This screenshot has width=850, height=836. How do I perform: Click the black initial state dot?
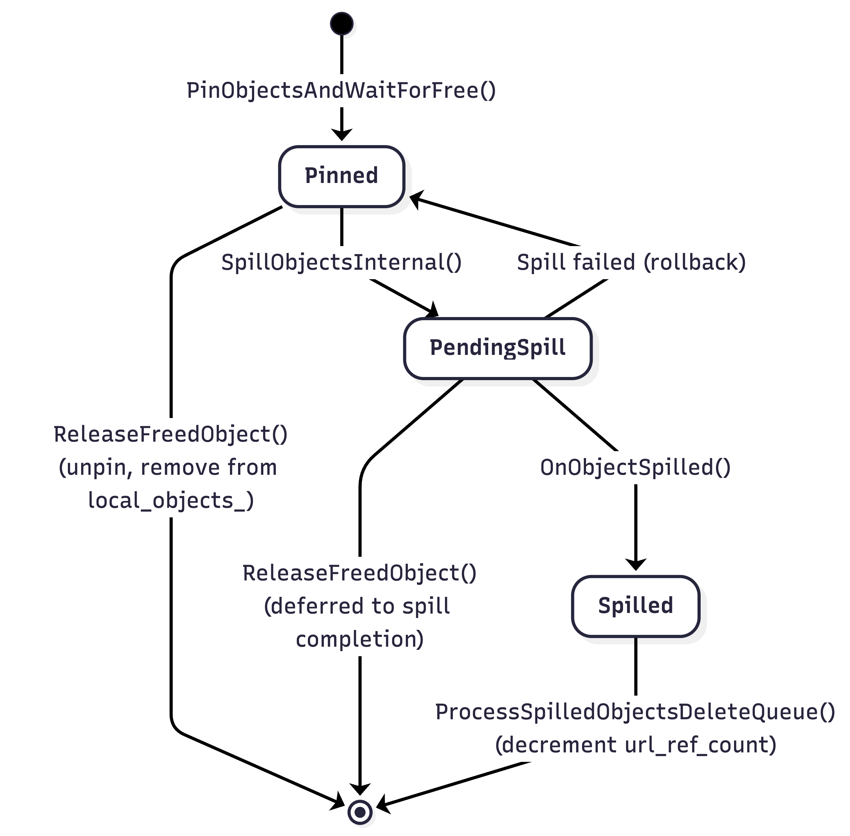[342, 23]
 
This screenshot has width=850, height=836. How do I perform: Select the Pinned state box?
[342, 176]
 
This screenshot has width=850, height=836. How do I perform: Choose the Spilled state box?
[636, 606]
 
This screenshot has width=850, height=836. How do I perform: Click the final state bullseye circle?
[360, 812]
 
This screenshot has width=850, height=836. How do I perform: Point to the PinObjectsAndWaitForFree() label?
[341, 91]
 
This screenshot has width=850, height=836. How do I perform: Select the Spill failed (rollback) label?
[631, 262]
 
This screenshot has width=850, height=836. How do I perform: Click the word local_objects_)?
[171, 501]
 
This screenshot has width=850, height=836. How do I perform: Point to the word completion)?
[360, 639]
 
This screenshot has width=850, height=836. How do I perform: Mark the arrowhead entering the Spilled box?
[636, 564]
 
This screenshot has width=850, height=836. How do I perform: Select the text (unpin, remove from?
[168, 467]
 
